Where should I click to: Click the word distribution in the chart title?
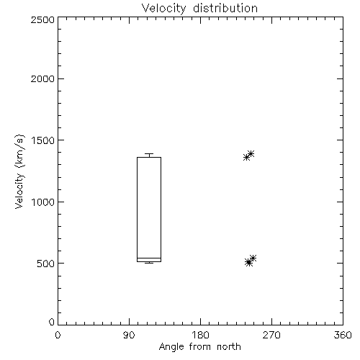225,8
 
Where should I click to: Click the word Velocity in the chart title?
164,9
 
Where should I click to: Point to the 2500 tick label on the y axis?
42,19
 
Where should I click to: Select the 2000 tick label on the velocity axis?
42,78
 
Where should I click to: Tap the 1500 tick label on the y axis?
43,140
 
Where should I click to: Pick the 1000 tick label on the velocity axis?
43,202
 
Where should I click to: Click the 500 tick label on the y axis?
46,264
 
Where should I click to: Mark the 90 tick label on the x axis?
129,335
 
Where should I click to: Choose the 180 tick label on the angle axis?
200,335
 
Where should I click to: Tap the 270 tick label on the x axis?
271,335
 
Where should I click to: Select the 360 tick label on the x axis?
343,335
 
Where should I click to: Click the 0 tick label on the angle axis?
58,335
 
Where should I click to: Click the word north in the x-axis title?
229,347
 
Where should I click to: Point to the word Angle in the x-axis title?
171,347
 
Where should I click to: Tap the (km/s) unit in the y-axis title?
19,151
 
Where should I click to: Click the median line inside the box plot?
149,258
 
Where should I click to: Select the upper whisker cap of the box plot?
149,153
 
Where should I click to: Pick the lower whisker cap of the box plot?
149,263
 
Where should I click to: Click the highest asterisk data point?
251,153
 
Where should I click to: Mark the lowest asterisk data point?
249,263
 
